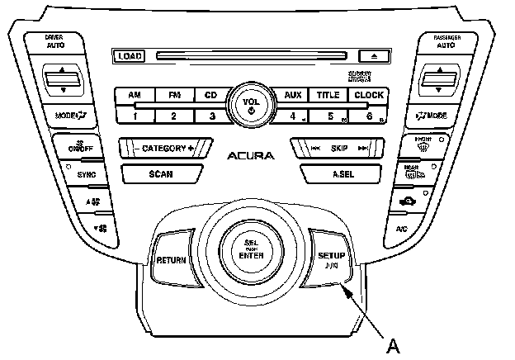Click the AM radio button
(135, 95)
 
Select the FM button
(173, 95)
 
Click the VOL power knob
(250, 105)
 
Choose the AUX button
(292, 95)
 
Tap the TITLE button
(328, 95)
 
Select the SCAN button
(161, 173)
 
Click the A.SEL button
(343, 173)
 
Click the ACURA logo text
(250, 155)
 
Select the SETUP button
(331, 258)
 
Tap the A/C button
(400, 227)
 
